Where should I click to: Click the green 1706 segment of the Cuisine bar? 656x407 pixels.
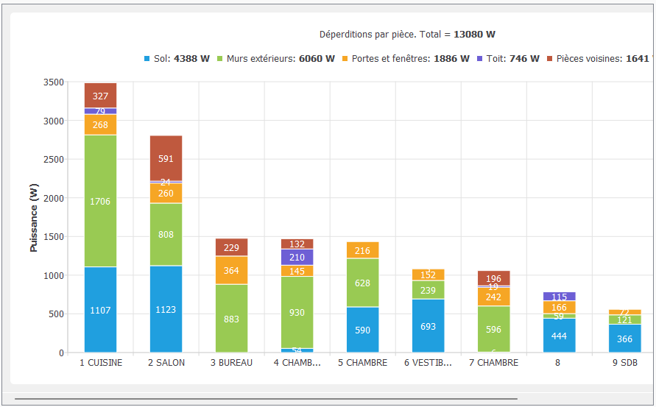tap(100, 201)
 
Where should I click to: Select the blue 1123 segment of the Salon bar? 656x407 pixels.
tap(166, 309)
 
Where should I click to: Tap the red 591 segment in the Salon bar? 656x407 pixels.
tap(166, 158)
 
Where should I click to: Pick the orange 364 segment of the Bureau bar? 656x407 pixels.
tap(231, 270)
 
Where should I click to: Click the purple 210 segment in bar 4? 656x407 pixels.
tap(297, 257)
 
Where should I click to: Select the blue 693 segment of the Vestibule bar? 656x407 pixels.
tap(428, 326)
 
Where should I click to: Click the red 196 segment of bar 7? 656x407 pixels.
tap(493, 278)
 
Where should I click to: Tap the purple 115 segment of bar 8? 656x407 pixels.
tap(559, 297)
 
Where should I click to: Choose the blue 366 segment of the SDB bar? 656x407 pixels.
tap(624, 339)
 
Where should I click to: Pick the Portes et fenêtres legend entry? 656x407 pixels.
tap(406, 59)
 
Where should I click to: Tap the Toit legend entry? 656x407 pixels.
tap(508, 59)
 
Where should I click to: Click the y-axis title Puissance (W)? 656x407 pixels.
tap(34, 218)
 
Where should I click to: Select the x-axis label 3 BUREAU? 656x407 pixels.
tap(231, 363)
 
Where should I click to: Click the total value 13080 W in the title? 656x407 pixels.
tap(474, 35)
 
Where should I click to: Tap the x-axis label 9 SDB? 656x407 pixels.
tap(624, 363)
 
